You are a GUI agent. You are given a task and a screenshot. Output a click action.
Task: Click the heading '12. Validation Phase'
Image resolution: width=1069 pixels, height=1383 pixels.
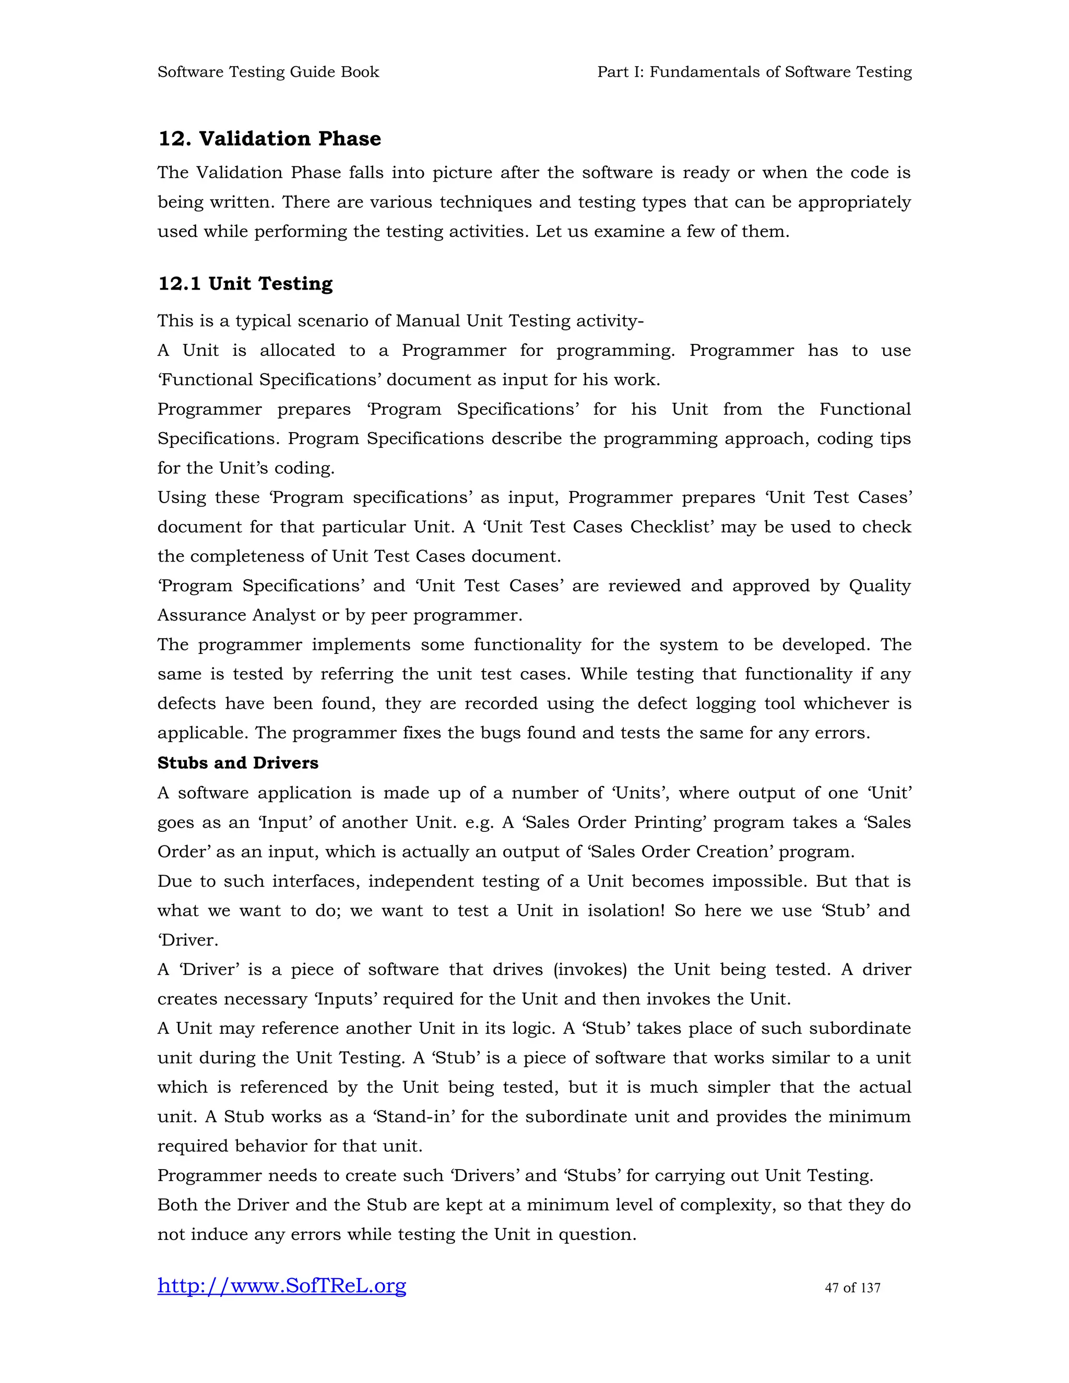pos(269,139)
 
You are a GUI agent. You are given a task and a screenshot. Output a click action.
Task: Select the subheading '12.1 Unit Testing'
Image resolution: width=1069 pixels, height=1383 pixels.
pos(245,284)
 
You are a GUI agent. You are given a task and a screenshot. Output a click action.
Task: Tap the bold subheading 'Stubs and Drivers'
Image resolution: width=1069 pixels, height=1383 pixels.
pos(237,763)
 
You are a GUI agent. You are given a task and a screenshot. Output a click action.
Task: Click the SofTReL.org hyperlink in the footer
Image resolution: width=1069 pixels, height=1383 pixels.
pos(282,1285)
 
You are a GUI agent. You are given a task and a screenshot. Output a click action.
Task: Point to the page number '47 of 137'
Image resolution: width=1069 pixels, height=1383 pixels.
pos(852,1287)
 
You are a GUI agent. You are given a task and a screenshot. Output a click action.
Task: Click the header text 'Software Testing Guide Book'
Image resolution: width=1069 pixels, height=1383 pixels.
pos(268,72)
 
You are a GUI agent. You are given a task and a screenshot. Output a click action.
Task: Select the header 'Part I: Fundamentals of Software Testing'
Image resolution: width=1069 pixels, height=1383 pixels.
pos(754,72)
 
